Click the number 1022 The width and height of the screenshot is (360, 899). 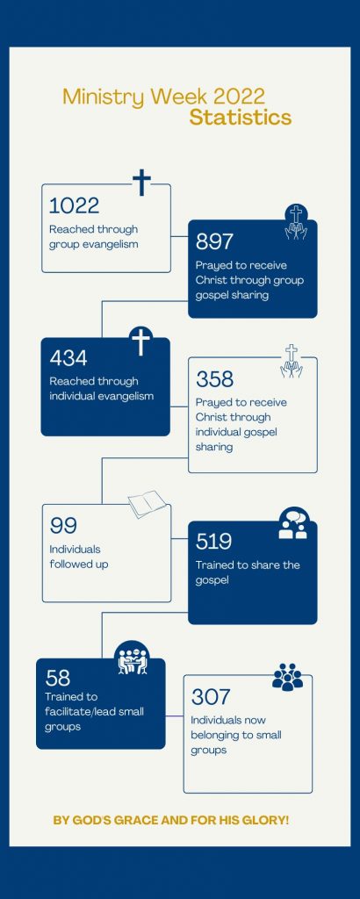click(74, 205)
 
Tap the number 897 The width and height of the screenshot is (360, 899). click(214, 242)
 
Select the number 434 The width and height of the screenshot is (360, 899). click(68, 358)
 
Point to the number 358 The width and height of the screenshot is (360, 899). click(214, 379)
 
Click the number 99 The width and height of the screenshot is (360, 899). click(63, 526)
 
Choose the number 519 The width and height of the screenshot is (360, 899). click(213, 541)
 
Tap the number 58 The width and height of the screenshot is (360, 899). click(57, 678)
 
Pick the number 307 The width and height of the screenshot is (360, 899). click(211, 697)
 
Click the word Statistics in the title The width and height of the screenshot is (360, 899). click(241, 118)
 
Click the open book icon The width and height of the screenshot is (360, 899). click(148, 503)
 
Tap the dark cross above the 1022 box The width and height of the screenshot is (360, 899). click(141, 183)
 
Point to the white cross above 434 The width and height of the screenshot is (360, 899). click(140, 342)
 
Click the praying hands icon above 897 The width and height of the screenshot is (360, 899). click(296, 222)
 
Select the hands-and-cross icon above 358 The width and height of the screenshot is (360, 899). click(292, 361)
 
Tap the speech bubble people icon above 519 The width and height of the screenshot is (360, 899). click(293, 523)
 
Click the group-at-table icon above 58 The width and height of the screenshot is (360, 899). click(133, 658)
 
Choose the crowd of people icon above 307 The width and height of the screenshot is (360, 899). click(287, 677)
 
